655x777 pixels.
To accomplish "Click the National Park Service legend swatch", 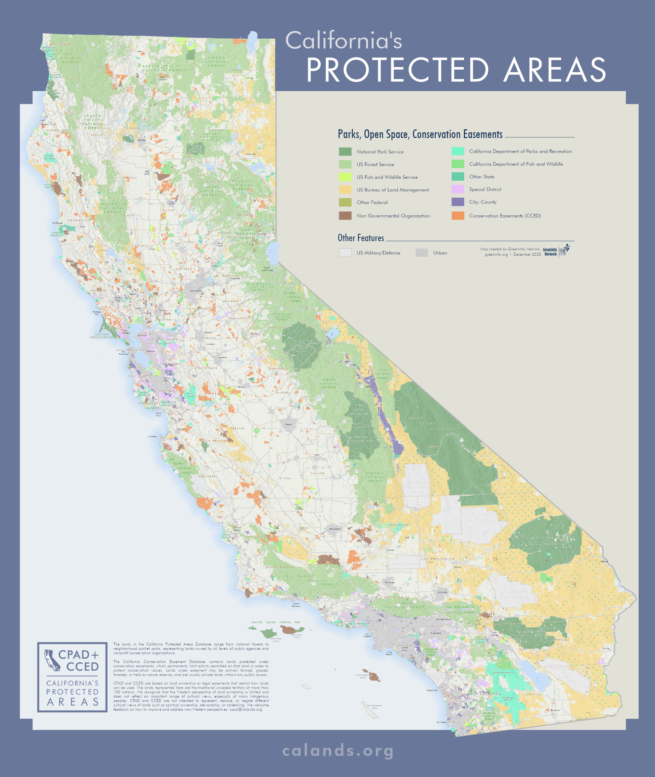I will pyautogui.click(x=345, y=152).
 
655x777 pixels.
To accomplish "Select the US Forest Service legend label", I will pyautogui.click(x=375, y=164).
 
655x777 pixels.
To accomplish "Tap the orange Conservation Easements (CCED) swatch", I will pyautogui.click(x=457, y=216).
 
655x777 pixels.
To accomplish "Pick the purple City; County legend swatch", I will pyautogui.click(x=457, y=202).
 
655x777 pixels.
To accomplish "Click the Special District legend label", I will pyautogui.click(x=485, y=189).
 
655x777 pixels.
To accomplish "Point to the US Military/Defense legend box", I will pyautogui.click(x=345, y=253).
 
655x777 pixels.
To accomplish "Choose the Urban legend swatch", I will pyautogui.click(x=421, y=253).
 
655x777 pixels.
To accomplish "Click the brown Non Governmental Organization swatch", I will pyautogui.click(x=345, y=216).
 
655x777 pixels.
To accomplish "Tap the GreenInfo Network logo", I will pyautogui.click(x=557, y=251).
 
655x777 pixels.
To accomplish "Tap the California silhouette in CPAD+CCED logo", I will pyautogui.click(x=52, y=660).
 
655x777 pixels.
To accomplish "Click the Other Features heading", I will pyautogui.click(x=361, y=238).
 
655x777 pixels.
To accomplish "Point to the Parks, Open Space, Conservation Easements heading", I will pyautogui.click(x=420, y=134).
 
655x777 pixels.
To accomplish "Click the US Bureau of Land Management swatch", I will pyautogui.click(x=345, y=189).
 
